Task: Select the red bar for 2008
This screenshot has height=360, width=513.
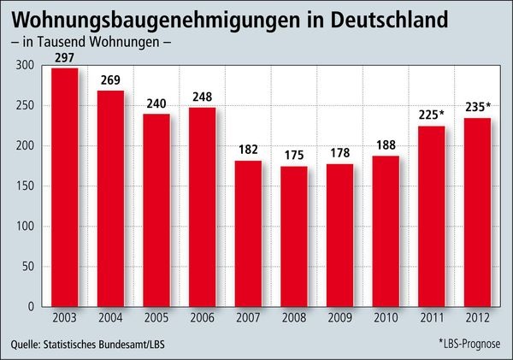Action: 294,236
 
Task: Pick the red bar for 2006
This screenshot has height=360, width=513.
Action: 203,206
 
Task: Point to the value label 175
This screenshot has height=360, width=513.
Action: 294,157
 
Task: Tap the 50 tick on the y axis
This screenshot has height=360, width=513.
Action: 26,267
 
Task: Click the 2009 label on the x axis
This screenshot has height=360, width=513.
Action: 339,318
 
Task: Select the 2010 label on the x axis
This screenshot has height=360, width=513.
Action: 385,318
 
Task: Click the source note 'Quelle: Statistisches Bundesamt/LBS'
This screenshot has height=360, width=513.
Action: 95,344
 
